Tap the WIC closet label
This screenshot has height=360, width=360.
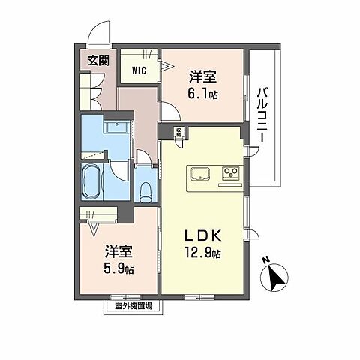[139, 70]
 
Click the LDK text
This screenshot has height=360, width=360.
[202, 234]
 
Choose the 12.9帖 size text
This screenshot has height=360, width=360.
[202, 253]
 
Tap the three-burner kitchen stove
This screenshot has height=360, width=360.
[229, 175]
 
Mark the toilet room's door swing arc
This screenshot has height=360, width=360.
[142, 159]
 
